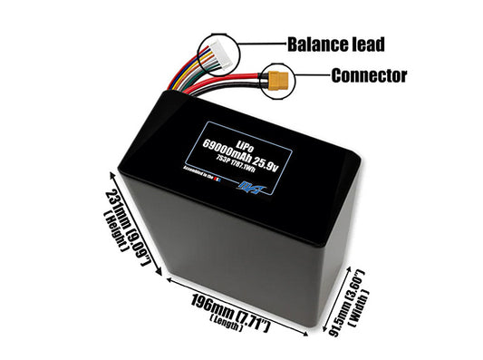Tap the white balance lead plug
217,58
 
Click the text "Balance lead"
335,43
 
